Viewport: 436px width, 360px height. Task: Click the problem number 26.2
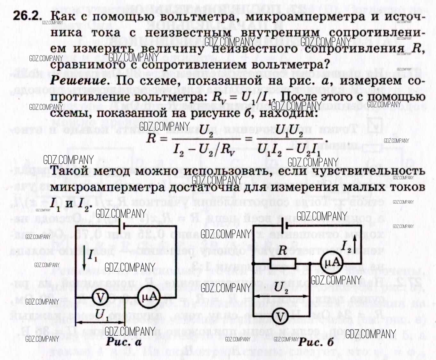click(x=27, y=16)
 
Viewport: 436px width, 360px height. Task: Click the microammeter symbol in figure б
click(x=331, y=263)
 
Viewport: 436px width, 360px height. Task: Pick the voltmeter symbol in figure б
click(x=280, y=317)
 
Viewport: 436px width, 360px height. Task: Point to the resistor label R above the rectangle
click(x=282, y=250)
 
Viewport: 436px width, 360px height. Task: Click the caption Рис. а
click(x=124, y=342)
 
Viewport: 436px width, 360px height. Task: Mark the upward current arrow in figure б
click(x=355, y=243)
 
